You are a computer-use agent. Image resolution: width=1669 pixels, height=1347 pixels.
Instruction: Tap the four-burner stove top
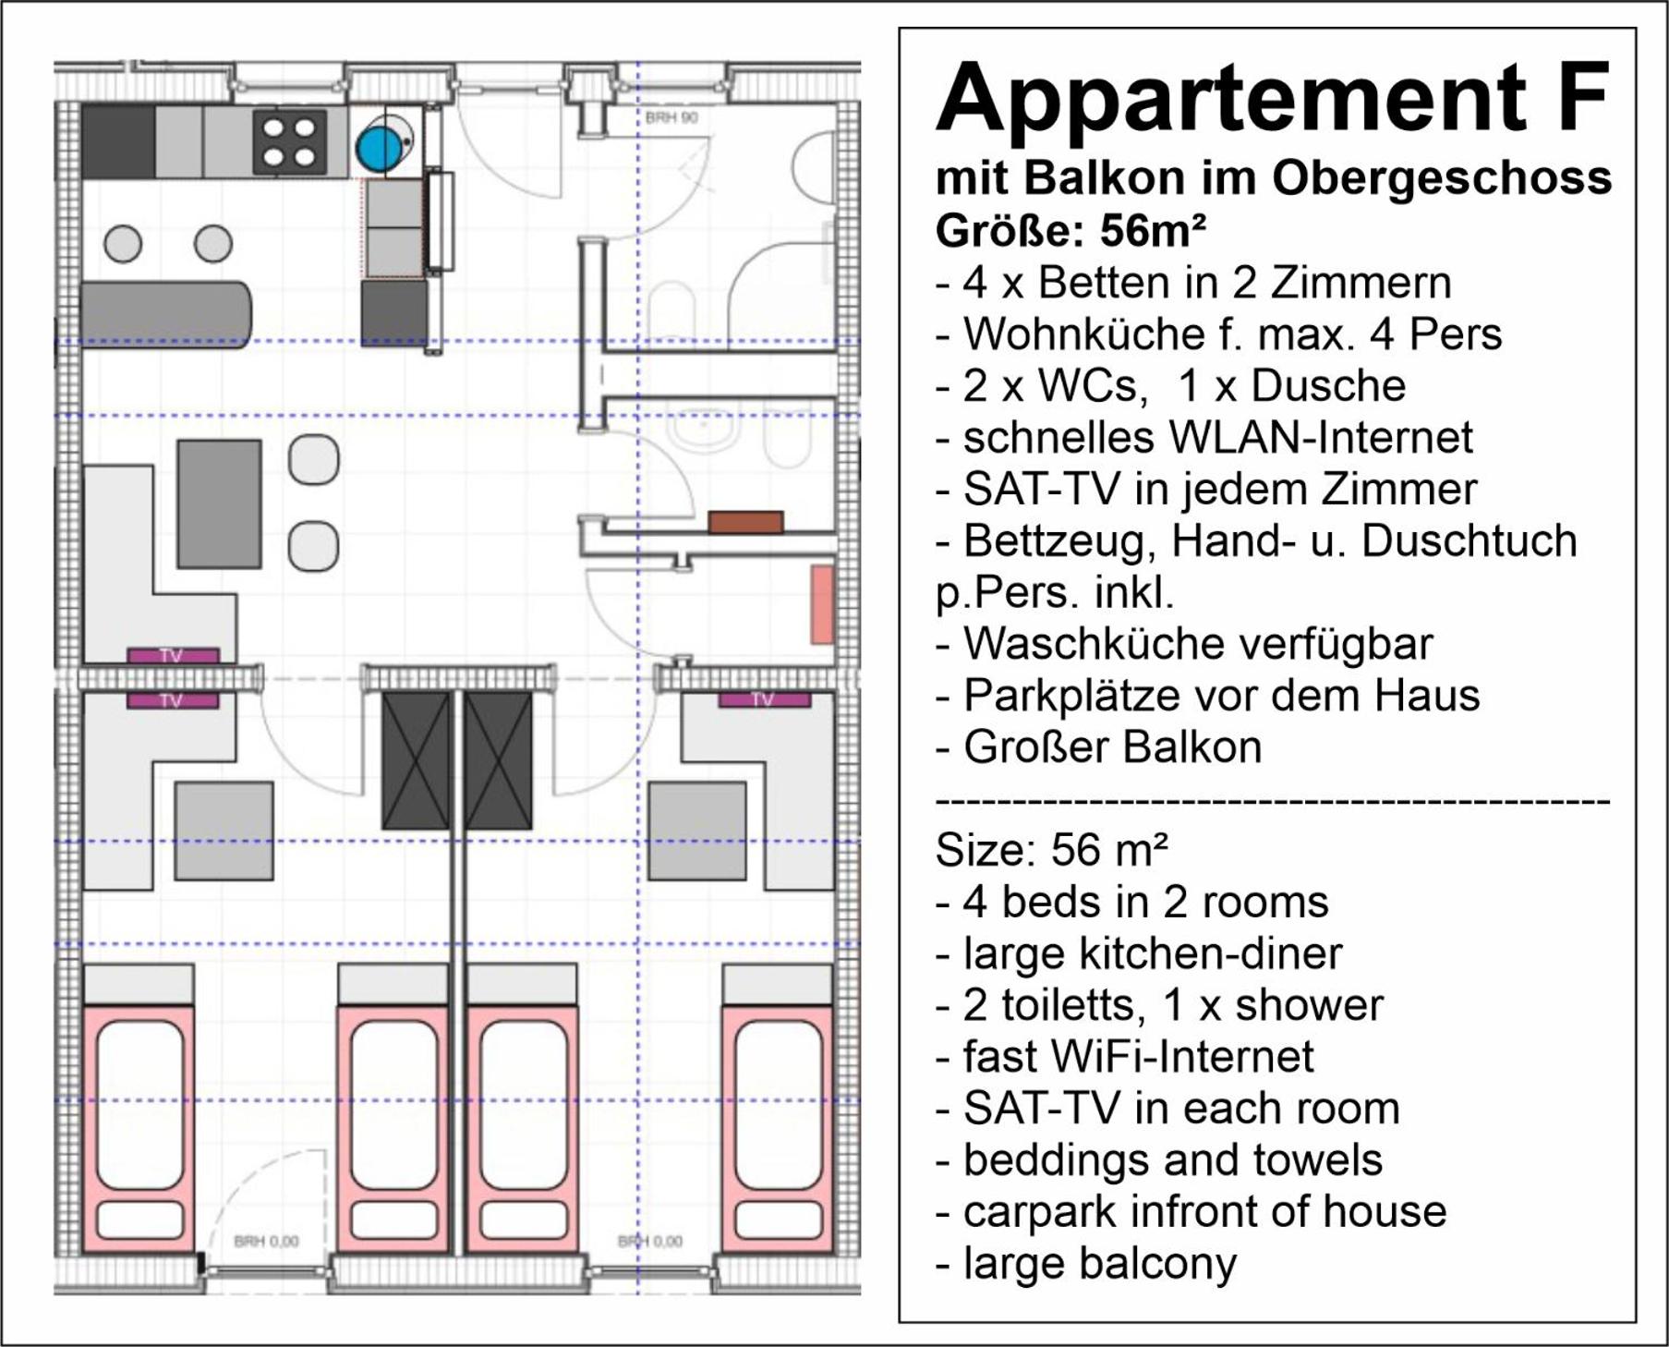click(290, 141)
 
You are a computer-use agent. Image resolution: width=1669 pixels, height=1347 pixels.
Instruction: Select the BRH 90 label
click(671, 118)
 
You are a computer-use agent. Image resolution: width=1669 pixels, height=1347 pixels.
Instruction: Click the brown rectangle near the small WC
click(746, 522)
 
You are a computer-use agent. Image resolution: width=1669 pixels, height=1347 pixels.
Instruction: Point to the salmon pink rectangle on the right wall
click(822, 604)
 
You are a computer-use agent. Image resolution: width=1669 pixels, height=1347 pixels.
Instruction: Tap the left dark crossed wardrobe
click(417, 760)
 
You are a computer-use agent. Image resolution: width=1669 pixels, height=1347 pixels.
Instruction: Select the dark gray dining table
click(219, 504)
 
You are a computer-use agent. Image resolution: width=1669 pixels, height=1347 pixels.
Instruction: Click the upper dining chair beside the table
click(313, 459)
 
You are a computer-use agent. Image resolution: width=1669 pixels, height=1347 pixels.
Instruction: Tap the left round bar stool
click(123, 244)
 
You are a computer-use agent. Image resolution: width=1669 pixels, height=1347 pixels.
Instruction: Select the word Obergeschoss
click(1442, 178)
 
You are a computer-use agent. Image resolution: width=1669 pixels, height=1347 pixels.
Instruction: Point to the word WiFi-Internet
click(1138, 1056)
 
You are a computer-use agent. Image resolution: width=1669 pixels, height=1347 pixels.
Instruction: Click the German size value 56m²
click(1153, 231)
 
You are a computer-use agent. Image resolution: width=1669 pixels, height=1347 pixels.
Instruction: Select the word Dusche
click(1328, 385)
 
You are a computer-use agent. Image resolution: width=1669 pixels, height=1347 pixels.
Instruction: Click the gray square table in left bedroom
click(224, 831)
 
